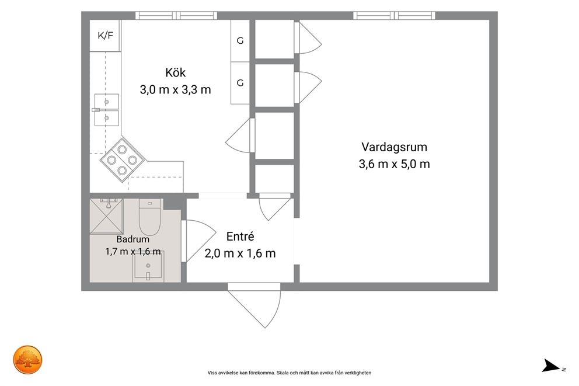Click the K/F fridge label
pos(105,36)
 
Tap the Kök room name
pos(176,72)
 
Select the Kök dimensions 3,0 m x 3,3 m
pos(176,89)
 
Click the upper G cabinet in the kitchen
pos(240,41)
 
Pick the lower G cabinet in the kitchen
pos(240,83)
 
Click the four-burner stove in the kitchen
pos(122,161)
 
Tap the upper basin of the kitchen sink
pos(107,102)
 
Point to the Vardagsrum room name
pos(394,147)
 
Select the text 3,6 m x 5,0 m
pos(394,164)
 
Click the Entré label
pos(240,236)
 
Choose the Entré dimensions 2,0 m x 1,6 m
pos(240,253)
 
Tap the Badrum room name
pos(133,239)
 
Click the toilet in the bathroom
pos(149,217)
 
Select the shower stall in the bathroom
pos(107,216)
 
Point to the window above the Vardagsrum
pos(394,16)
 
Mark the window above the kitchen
pos(176,16)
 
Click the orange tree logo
pos(27,360)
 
